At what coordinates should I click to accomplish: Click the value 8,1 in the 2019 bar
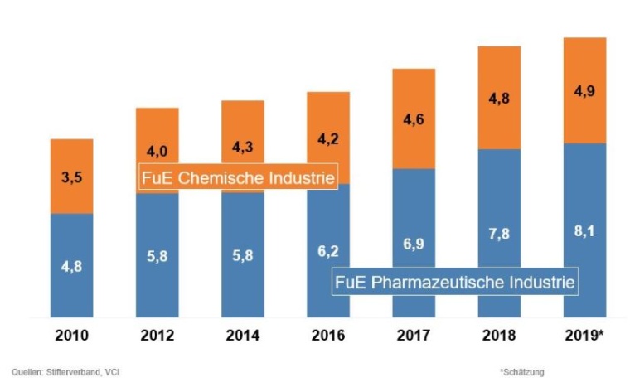point(584,234)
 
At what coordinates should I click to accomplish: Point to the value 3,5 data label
point(71,176)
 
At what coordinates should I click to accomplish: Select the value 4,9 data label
point(584,90)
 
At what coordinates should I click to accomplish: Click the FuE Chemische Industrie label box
point(238,177)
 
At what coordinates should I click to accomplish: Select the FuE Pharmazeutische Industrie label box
point(454,282)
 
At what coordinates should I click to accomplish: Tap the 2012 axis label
point(157,335)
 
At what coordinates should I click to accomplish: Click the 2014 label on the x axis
point(242,335)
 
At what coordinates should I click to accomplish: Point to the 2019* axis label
point(586,335)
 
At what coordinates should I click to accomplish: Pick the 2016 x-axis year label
point(328,335)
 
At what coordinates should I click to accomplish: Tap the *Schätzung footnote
point(522,371)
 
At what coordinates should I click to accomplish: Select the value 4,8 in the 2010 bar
point(71,266)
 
